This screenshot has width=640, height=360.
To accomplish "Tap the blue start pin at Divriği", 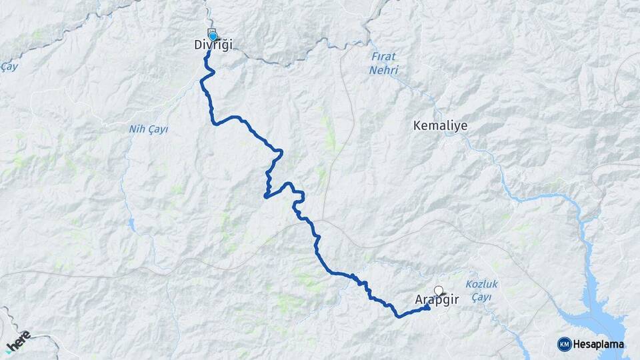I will pyautogui.click(x=213, y=36).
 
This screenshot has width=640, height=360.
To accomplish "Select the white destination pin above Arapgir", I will pyautogui.click(x=439, y=290).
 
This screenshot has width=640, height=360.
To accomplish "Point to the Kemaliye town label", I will pyautogui.click(x=440, y=125).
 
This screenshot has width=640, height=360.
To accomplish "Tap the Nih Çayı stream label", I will pyautogui.click(x=148, y=129).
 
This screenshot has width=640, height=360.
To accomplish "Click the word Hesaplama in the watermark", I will pyautogui.click(x=599, y=344).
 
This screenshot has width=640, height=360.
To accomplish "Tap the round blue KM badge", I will pyautogui.click(x=564, y=344).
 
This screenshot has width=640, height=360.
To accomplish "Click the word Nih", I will pyautogui.click(x=136, y=129).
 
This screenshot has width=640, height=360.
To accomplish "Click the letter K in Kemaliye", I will pyautogui.click(x=417, y=125).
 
